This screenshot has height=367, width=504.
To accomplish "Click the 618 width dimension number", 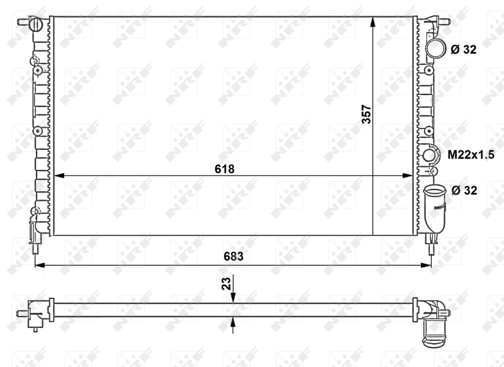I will point(224,168).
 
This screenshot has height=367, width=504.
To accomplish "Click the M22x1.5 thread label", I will point(471,154).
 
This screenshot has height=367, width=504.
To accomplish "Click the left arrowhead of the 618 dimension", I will point(57,176).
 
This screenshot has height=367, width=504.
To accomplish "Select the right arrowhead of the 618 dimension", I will point(410,176).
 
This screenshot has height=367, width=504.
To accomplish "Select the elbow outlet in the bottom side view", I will point(436,320).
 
